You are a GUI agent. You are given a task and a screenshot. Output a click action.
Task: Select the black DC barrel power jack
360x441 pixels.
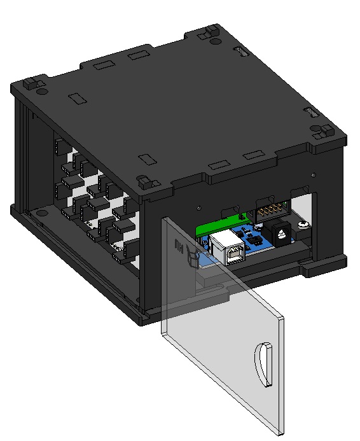(x=280, y=233)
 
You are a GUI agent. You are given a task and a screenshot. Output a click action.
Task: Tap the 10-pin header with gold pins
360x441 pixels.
(x=272, y=208)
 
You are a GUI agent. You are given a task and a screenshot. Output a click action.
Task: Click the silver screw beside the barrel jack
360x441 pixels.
(x=304, y=224)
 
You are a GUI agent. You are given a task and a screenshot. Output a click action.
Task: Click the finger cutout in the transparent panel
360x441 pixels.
(x=264, y=365)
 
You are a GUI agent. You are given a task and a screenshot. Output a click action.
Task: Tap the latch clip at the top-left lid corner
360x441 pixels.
(x=32, y=84)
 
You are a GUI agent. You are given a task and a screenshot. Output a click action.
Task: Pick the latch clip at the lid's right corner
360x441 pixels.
(x=322, y=132)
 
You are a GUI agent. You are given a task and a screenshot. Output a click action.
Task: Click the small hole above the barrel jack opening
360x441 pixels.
(x=312, y=173)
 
